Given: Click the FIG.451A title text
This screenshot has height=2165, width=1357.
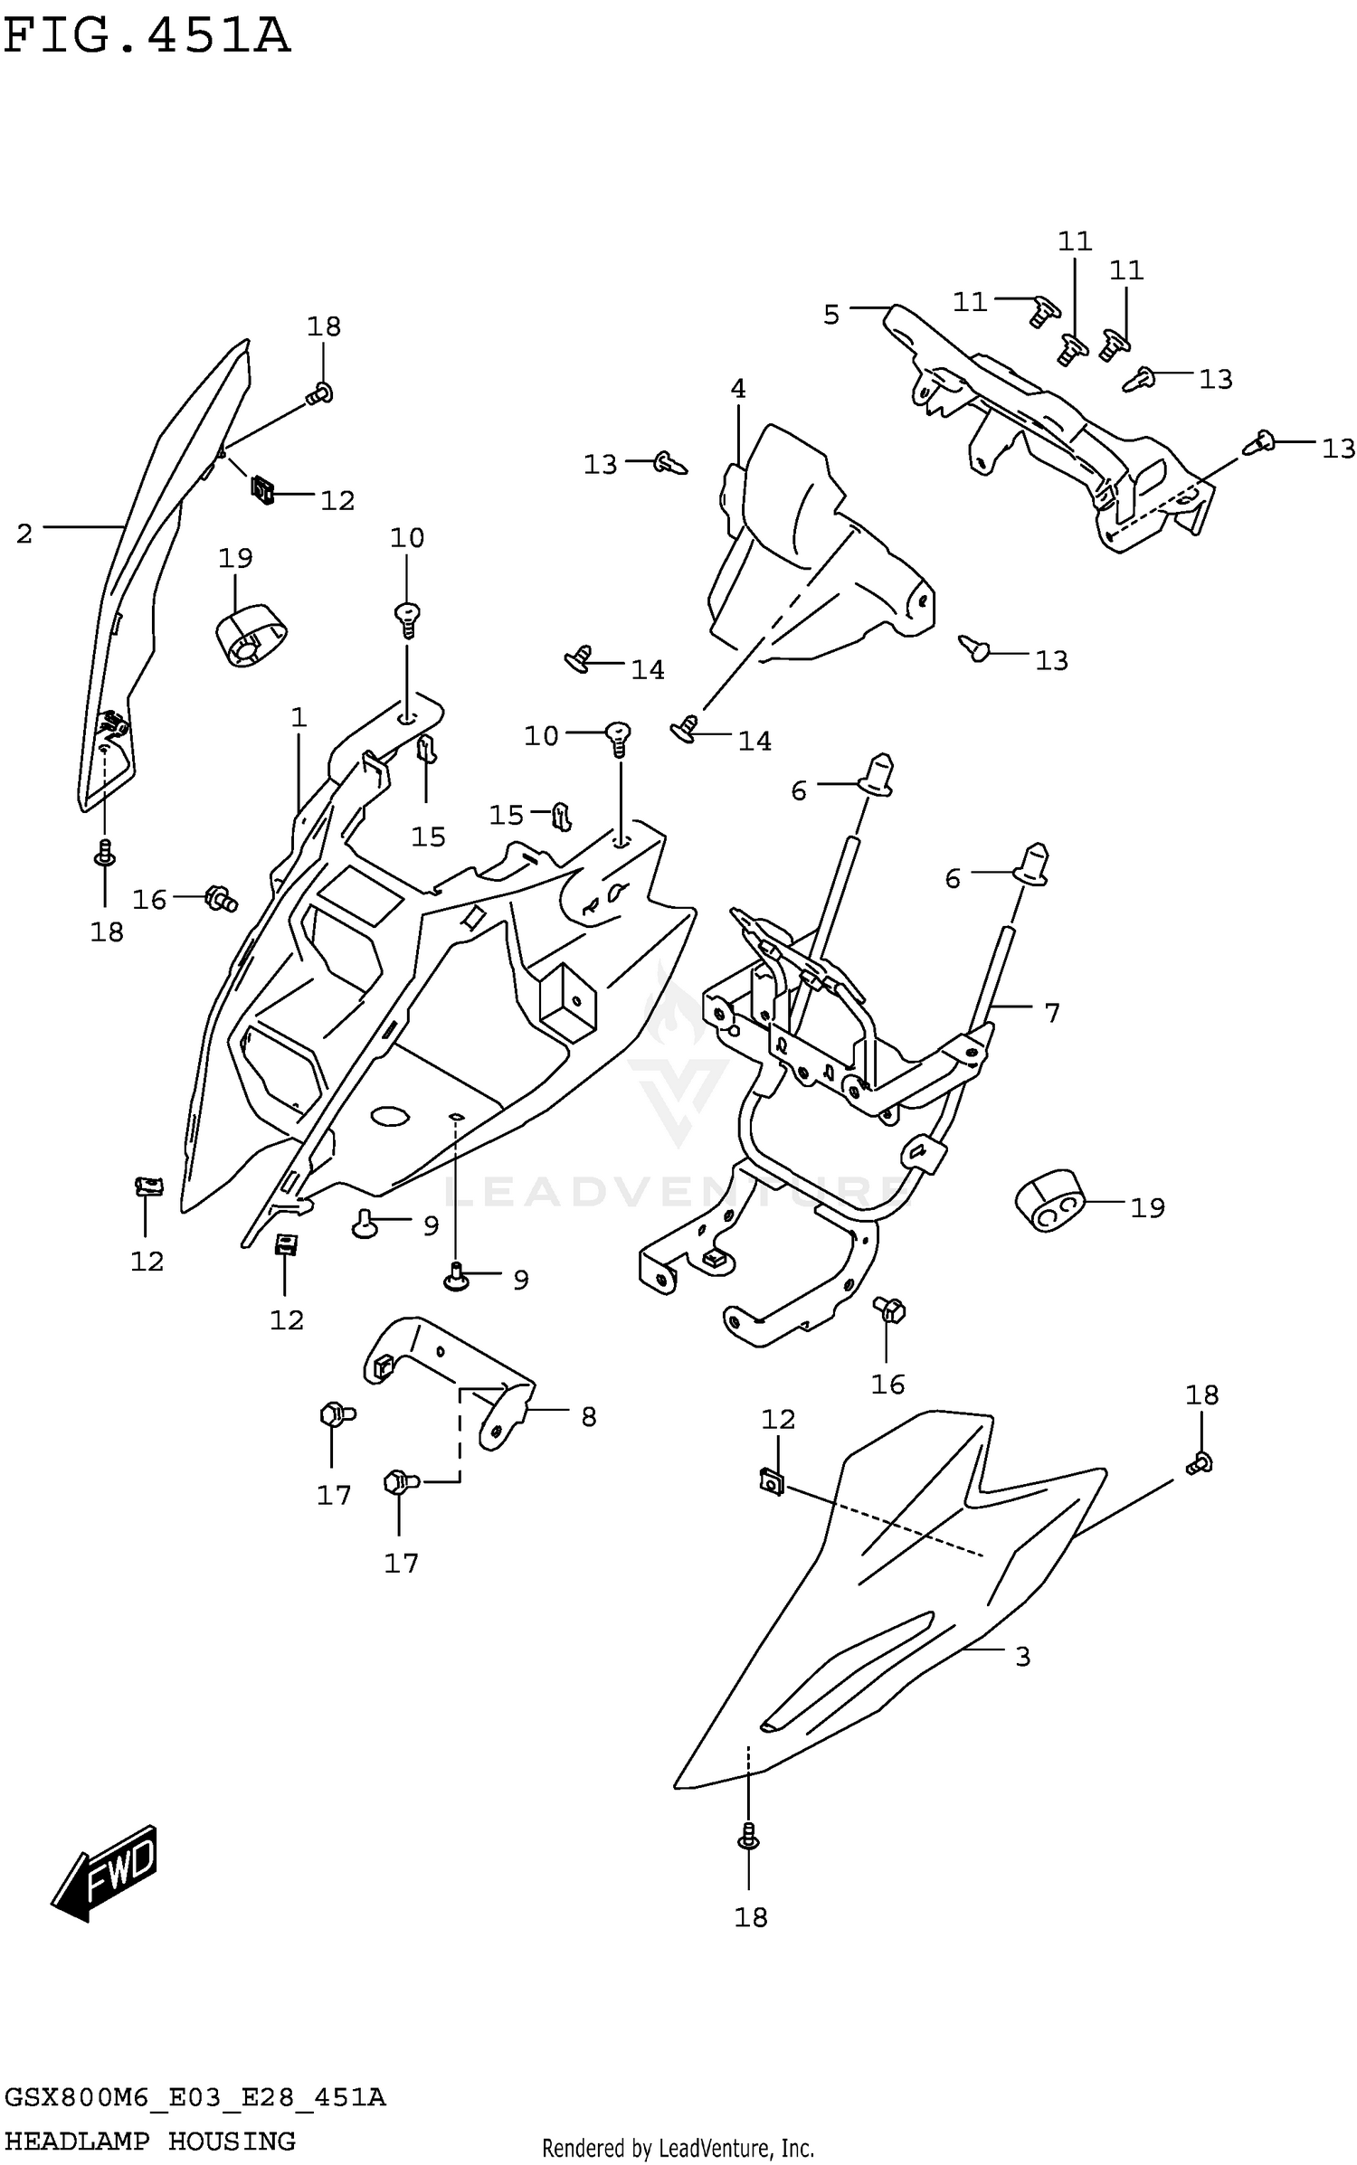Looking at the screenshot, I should pos(147,36).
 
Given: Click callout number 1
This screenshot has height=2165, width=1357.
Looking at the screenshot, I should pos(299,718).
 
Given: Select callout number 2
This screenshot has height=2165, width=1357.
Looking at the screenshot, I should pos(24,534).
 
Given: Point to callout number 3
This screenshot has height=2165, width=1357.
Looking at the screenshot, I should pos(1022,1657).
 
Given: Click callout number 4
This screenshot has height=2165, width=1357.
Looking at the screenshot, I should pos(738,389).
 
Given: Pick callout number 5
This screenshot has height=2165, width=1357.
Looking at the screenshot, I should pos(831,315).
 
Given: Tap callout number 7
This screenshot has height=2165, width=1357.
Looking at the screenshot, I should pos(1051,1013).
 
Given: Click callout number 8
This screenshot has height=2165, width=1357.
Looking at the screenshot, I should pos(589,1417).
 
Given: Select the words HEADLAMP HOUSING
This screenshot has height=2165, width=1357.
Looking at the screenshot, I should pos(150,2141).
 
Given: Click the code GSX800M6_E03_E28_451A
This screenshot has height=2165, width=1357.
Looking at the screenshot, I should pos(195,2097).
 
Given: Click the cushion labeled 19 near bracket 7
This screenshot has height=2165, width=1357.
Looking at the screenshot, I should pos(1049,1201).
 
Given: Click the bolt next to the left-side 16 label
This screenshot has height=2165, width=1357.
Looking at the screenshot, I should pos(220,898).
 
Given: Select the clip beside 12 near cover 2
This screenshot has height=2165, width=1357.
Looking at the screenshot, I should pos(262,491).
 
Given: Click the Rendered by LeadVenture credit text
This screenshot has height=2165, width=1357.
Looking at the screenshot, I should pos(678,2149).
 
